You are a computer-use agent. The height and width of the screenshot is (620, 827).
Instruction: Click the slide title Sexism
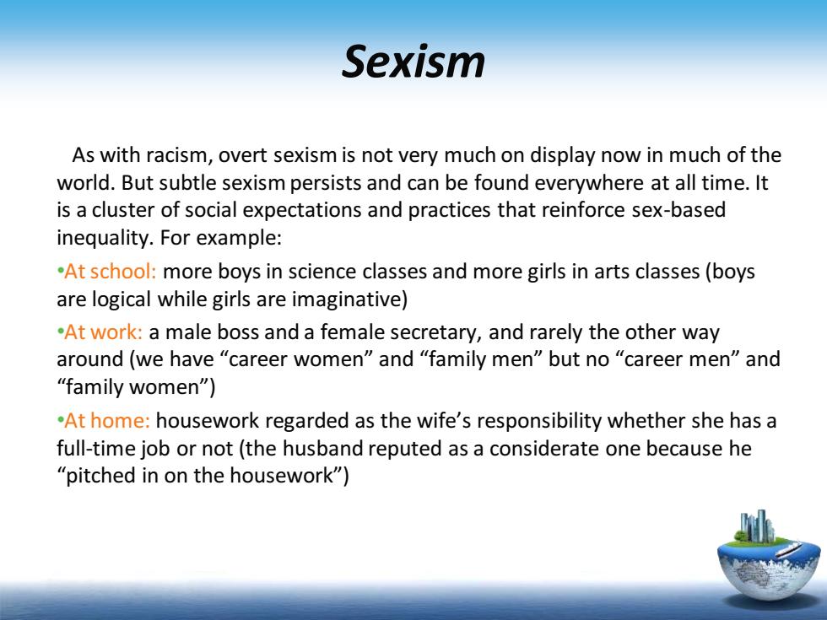413,62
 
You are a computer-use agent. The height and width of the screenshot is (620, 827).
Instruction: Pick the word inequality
105,238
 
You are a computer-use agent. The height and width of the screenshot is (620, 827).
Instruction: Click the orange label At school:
111,272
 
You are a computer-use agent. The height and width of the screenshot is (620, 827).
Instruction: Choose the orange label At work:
103,332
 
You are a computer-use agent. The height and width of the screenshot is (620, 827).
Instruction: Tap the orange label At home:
107,421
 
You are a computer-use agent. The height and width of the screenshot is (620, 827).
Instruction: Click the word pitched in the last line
100,476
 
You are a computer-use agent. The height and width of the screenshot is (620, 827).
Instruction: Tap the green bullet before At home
60,421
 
